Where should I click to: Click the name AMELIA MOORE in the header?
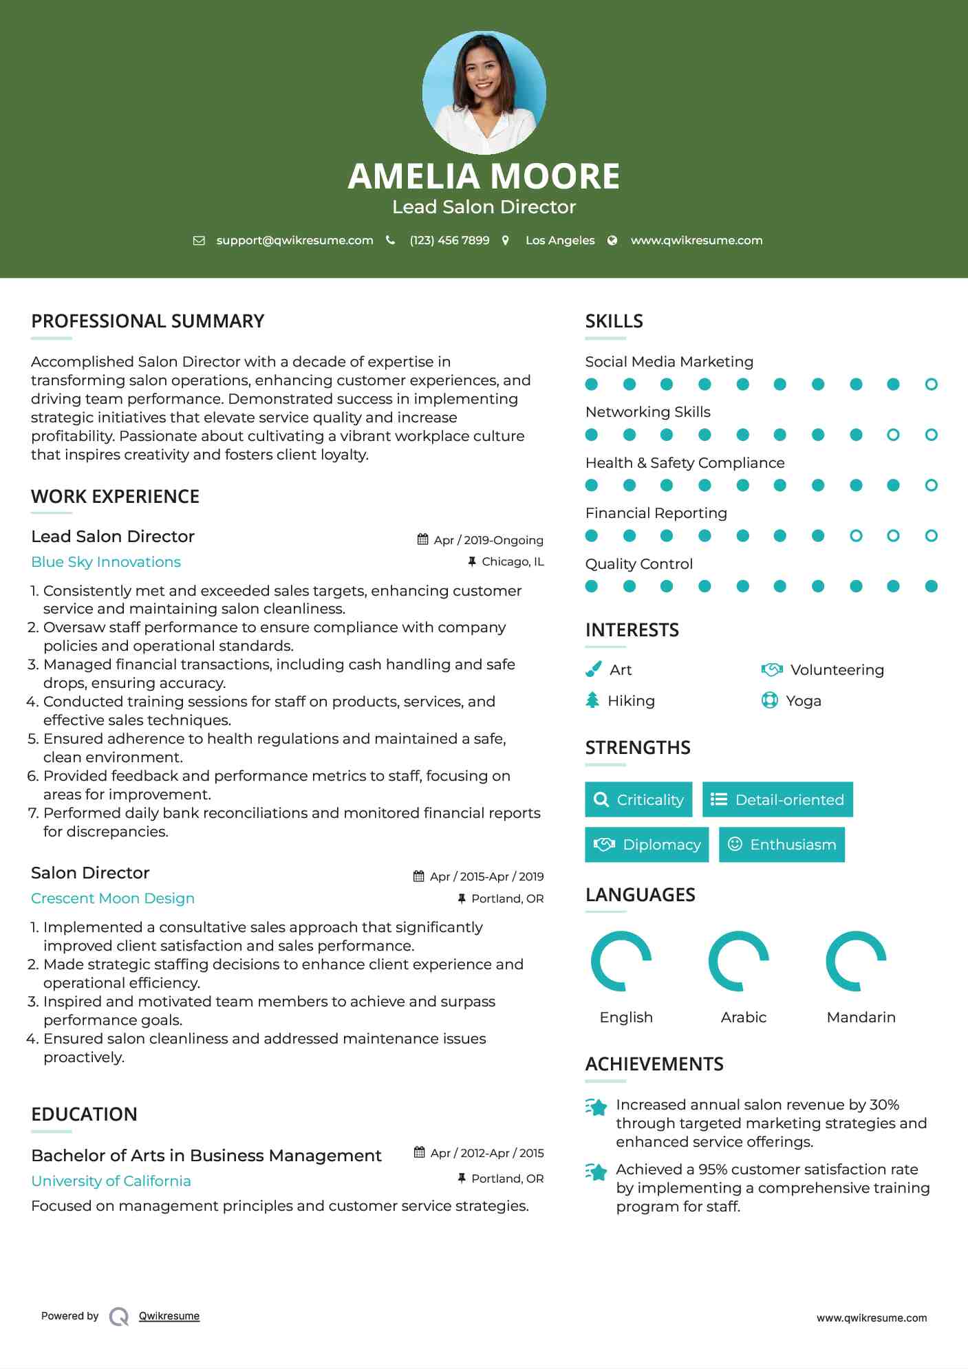(484, 176)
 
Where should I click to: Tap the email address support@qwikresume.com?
(294, 240)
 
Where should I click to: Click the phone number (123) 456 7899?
(449, 240)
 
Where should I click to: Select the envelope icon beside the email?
(199, 240)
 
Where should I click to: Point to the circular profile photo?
(484, 92)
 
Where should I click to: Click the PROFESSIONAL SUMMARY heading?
(147, 321)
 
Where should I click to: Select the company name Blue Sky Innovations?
(106, 562)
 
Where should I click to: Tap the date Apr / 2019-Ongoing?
(488, 540)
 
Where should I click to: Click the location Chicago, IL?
(513, 561)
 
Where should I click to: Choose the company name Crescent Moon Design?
(113, 898)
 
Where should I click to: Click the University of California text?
(111, 1181)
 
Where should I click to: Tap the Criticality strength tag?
(638, 799)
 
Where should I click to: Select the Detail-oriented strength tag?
(777, 799)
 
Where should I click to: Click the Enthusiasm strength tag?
(782, 844)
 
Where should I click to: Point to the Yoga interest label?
(804, 701)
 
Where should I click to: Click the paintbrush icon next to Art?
(592, 669)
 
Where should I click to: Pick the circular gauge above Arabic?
(739, 961)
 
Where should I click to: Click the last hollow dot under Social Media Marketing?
(932, 384)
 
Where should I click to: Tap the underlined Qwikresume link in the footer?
(169, 1316)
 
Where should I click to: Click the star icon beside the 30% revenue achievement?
(596, 1107)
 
